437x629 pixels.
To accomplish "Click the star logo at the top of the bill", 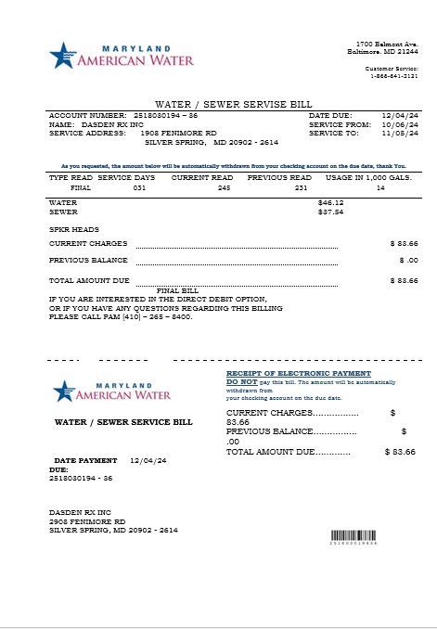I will coord(62,56).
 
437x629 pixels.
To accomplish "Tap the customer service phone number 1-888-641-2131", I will coord(392,75).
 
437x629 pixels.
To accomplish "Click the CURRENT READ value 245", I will coord(224,187).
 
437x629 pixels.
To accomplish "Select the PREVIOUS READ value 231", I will coord(300,187).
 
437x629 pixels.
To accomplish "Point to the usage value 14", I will coord(379,187).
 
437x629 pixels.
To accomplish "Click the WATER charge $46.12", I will coord(330,201).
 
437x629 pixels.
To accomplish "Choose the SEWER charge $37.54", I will coord(330,212).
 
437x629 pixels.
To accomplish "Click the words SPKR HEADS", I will coord(73,228).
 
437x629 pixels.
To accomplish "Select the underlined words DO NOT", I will coord(242,382).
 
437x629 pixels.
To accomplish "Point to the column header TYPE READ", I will coord(70,176).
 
